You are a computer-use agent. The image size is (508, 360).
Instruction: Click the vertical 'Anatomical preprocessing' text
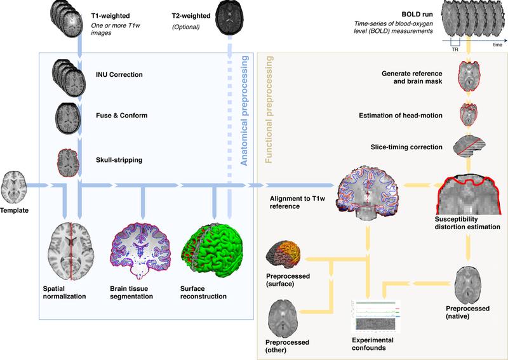point(244,112)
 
